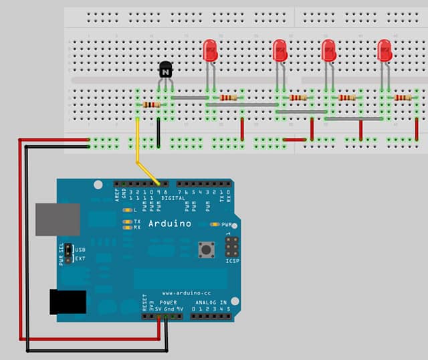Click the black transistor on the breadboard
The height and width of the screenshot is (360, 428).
165,69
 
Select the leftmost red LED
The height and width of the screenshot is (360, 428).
210,50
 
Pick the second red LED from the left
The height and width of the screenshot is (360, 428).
280,50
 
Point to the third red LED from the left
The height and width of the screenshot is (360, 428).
328,50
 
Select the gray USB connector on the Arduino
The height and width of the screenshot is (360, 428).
58,219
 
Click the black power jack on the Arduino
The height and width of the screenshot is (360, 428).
68,302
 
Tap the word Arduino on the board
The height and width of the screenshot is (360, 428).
170,223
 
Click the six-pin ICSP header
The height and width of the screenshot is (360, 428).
232,247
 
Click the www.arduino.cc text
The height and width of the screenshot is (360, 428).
187,293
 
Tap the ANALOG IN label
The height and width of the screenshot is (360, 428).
211,302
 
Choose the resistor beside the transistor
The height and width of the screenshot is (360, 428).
152,104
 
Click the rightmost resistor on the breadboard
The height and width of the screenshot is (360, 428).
403,98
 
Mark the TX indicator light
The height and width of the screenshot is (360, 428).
127,221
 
